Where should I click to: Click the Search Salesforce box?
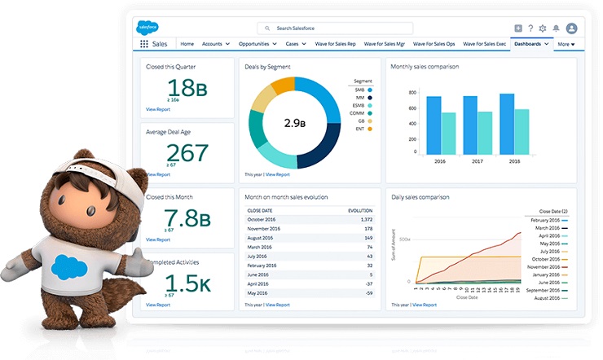pos(335,29)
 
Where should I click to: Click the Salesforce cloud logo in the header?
pos(147,27)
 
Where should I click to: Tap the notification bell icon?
pos(556,29)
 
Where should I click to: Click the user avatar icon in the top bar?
pos(571,29)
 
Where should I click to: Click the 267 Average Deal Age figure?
pos(187,152)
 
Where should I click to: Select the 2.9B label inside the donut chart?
pos(294,123)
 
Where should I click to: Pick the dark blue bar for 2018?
pos(507,124)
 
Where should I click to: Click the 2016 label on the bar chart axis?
pos(441,162)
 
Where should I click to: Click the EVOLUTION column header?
pos(360,210)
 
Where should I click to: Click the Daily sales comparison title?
pos(420,197)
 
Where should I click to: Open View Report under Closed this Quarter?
pos(158,108)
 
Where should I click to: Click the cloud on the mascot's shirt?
pos(68,266)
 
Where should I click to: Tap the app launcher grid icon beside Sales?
pos(143,44)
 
